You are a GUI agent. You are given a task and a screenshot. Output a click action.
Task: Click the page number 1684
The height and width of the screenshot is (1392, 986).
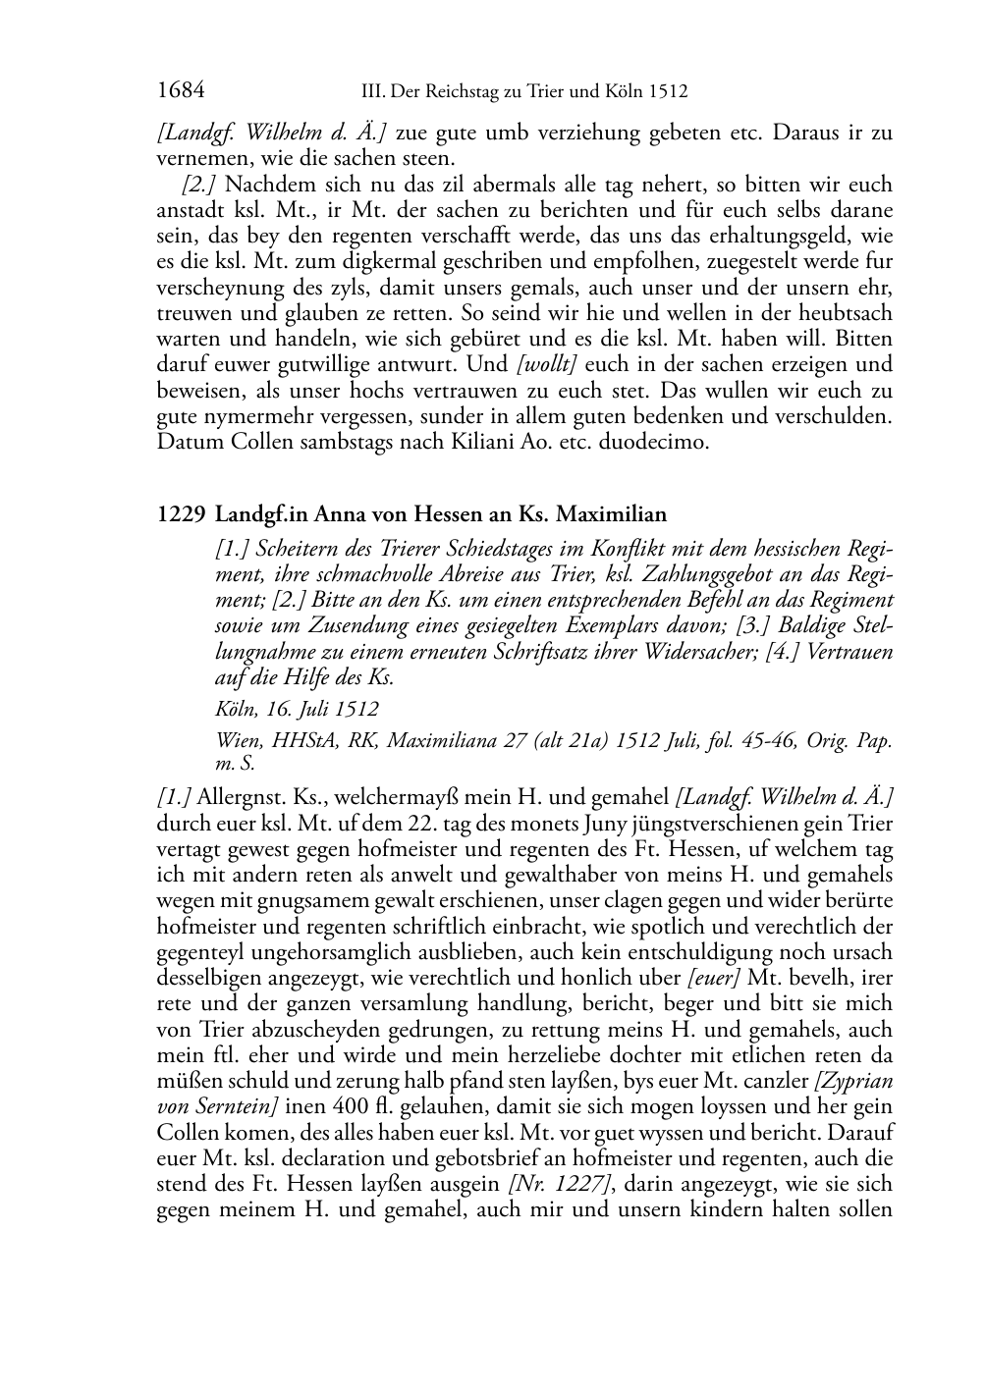click(x=180, y=92)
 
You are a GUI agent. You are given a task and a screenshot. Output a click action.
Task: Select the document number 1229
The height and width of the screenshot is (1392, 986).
click(x=181, y=513)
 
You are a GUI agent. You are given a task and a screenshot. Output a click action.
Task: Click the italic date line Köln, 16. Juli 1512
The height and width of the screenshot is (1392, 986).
click(x=297, y=708)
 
